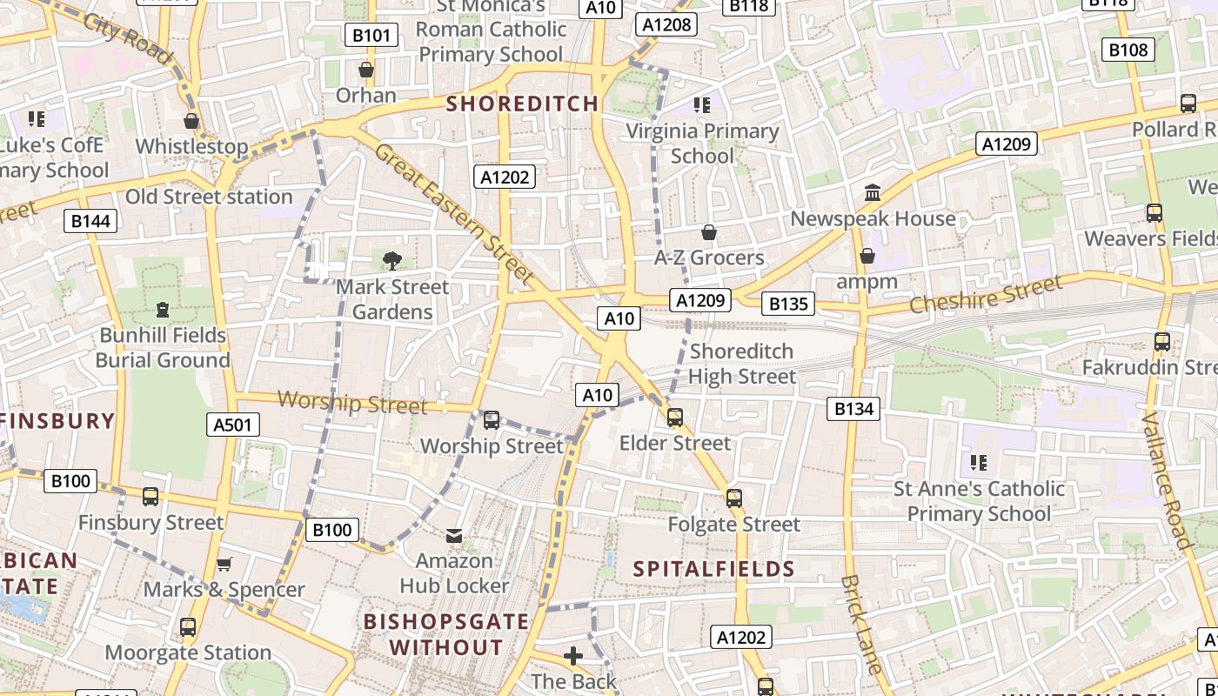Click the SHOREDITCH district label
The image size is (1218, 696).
[522, 104]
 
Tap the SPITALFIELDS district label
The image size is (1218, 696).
[713, 569]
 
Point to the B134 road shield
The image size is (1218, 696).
[853, 408]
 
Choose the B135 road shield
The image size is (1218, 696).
[789, 304]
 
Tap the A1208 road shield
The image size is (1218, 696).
[666, 24]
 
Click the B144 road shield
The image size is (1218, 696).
[90, 221]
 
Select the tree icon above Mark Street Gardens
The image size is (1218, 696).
[392, 260]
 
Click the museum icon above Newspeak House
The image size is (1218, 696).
[873, 192]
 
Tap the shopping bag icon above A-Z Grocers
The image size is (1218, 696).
[709, 232]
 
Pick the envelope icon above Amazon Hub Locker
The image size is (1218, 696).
[454, 535]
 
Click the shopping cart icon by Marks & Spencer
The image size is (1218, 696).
[224, 564]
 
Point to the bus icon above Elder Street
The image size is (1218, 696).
[675, 418]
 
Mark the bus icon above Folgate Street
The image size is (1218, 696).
[734, 499]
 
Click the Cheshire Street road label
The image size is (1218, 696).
[986, 294]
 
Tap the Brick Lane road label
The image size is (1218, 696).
[862, 624]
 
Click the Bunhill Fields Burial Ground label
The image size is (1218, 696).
[163, 347]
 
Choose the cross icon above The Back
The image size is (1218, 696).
[573, 656]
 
